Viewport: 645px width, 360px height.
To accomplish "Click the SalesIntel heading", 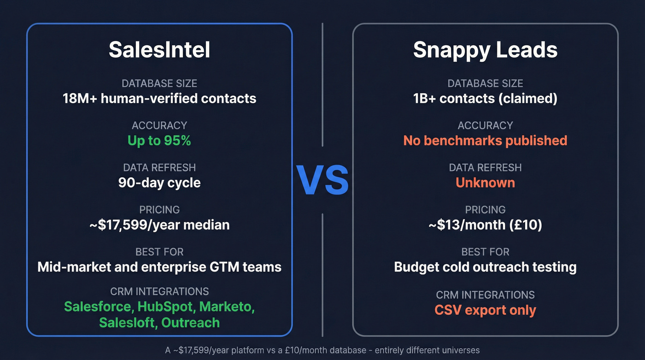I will (x=159, y=50).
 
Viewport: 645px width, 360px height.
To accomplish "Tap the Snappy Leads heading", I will (x=485, y=50).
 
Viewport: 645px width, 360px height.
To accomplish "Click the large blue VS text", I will (x=322, y=180).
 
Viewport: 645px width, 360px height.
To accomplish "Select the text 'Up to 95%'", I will (x=159, y=141).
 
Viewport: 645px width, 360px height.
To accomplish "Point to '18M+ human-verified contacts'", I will (x=159, y=99).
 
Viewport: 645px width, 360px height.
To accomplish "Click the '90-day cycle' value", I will (x=159, y=183).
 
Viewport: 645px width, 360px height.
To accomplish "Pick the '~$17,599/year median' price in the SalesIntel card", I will (x=159, y=225).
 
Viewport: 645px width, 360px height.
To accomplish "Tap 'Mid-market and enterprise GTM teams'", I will (x=159, y=267).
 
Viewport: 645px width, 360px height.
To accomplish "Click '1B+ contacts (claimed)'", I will (x=485, y=99).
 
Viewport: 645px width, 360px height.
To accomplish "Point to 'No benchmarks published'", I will (x=485, y=141).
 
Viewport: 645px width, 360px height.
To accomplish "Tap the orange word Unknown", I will (x=485, y=183).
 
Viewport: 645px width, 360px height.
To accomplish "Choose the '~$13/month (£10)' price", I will (x=485, y=225).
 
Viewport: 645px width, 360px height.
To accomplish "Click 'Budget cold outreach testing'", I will (x=485, y=267).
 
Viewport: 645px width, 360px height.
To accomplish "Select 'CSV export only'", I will (x=485, y=310).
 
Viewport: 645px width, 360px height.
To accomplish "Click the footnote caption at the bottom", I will (x=322, y=350).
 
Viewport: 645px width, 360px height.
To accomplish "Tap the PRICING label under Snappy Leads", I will (x=485, y=210).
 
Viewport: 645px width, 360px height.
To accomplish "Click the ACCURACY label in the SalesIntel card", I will (x=159, y=125).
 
